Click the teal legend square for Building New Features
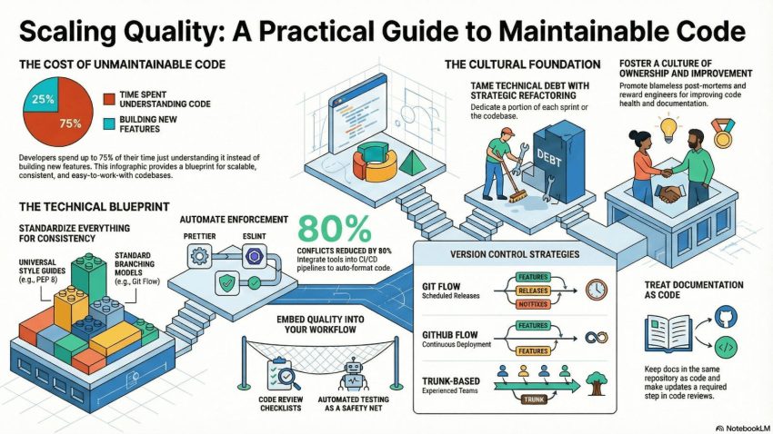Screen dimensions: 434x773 109,125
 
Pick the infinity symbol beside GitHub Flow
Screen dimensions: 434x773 597,337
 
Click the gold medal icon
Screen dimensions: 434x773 722,136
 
